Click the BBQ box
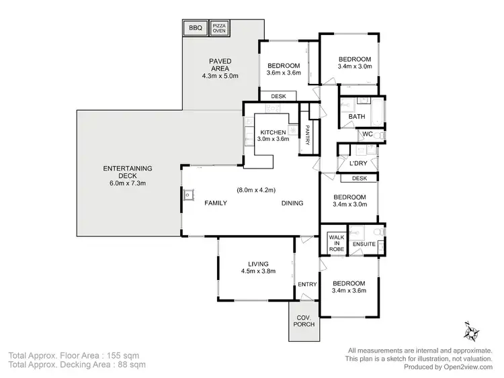point(195,28)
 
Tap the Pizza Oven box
point(219,28)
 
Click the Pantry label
point(307,133)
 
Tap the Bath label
point(356,117)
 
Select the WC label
point(368,134)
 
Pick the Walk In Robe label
point(336,243)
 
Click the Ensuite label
point(365,244)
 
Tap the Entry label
point(306,284)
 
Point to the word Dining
point(292,203)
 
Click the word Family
point(216,203)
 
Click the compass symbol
point(470,331)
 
